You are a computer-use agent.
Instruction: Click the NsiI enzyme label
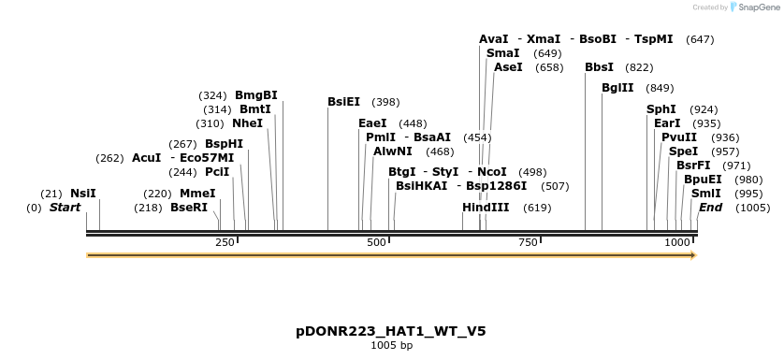click(83, 194)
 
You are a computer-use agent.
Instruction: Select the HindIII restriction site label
click(486, 207)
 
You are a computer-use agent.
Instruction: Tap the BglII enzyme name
click(617, 88)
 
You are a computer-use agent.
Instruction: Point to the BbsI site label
click(599, 67)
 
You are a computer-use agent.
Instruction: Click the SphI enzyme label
click(661, 109)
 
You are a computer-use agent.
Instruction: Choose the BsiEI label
click(343, 101)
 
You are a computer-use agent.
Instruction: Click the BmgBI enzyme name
click(256, 95)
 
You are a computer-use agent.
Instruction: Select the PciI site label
click(217, 172)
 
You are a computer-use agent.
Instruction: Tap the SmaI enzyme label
click(503, 53)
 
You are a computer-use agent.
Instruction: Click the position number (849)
click(660, 88)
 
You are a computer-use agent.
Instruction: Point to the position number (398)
click(385, 101)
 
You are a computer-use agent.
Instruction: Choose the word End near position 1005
click(711, 207)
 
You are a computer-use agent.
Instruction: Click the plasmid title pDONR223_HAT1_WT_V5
click(391, 331)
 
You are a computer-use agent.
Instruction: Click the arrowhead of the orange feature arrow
click(692, 254)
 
